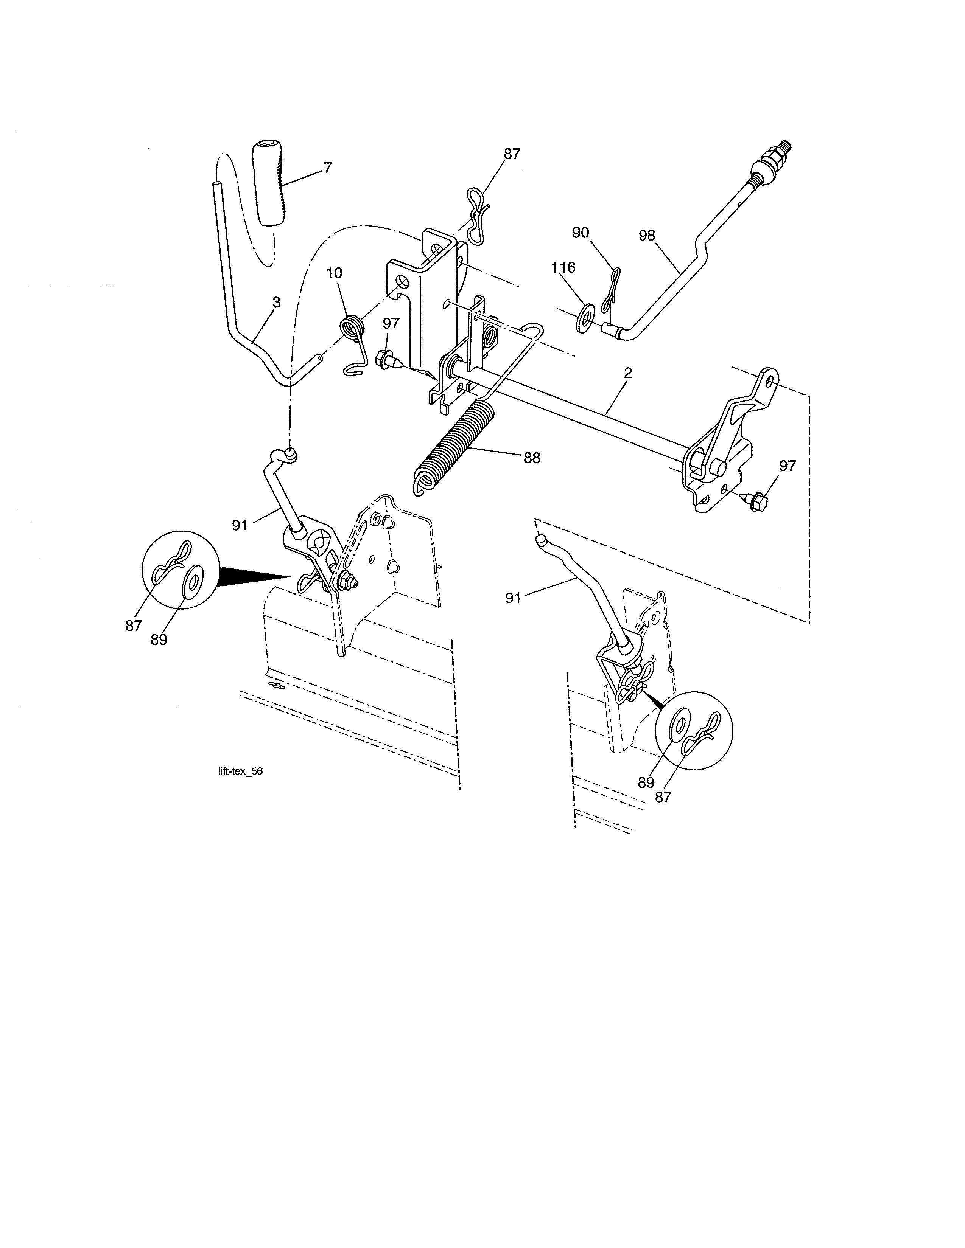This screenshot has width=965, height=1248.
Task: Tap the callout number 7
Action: (x=328, y=168)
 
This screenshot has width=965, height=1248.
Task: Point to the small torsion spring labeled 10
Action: (x=350, y=331)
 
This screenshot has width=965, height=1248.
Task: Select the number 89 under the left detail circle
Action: (x=159, y=640)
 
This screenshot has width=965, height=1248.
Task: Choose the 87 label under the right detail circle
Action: (x=663, y=796)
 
